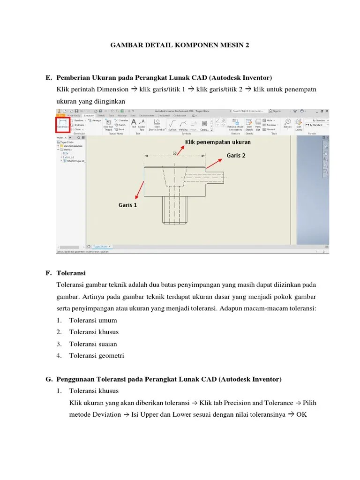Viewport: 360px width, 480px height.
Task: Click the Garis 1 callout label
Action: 128,205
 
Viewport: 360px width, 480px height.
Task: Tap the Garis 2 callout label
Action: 236,156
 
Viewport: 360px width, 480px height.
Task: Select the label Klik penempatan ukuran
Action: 217,142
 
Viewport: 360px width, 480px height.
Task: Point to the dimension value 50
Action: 175,153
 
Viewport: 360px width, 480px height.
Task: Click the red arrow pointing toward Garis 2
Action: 215,163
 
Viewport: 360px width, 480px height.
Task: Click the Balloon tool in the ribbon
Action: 287,124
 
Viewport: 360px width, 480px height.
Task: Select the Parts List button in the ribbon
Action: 258,124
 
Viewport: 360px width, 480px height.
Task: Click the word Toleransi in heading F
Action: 71,273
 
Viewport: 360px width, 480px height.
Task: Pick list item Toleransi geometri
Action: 97,355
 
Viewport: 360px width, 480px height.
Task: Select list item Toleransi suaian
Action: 94,344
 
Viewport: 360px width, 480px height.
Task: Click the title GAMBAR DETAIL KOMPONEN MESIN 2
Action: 180,45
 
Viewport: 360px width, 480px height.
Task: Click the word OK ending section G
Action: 301,414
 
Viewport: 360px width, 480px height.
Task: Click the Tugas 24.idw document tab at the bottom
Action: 100,246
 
